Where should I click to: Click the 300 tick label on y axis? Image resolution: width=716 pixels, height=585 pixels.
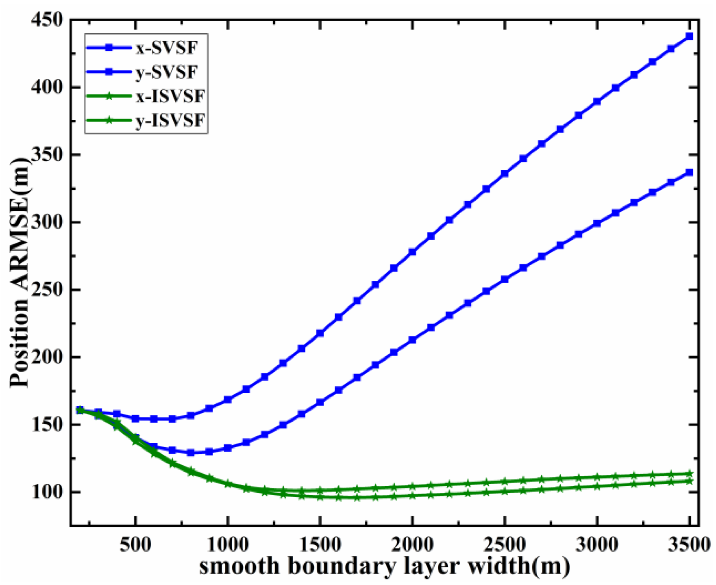click(x=47, y=222)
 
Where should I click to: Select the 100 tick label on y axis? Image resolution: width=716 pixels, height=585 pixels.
click(x=47, y=492)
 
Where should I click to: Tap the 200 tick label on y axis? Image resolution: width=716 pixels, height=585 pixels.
click(x=47, y=357)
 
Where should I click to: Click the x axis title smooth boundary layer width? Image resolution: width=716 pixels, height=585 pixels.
click(x=384, y=566)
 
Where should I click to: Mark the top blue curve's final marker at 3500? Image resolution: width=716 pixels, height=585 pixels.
click(x=689, y=37)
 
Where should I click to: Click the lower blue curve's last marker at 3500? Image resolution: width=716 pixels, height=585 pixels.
click(x=689, y=173)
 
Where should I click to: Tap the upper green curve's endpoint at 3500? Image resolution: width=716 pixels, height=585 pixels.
click(x=689, y=474)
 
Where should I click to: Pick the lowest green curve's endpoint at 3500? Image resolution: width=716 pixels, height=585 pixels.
click(x=689, y=481)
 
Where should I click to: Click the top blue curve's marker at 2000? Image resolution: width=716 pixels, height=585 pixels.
click(x=412, y=252)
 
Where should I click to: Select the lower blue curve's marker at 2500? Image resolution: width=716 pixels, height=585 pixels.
click(x=505, y=279)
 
